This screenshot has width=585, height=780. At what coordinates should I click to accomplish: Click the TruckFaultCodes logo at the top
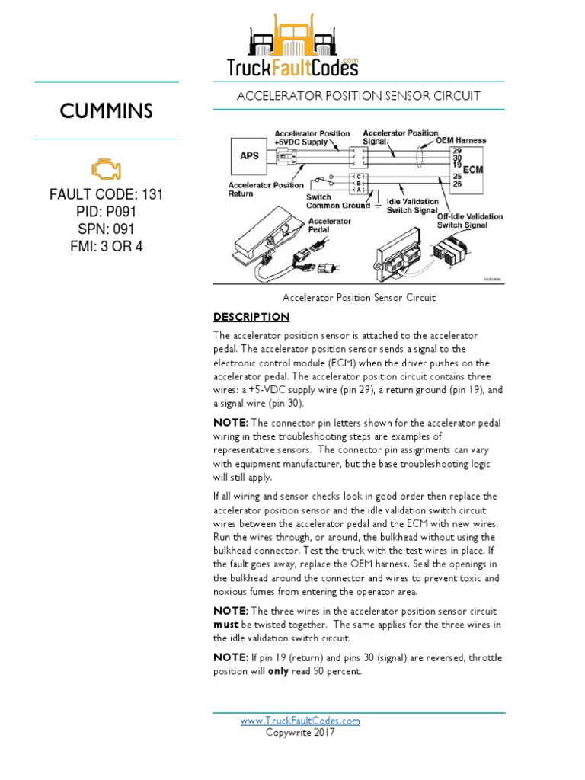pos(292,47)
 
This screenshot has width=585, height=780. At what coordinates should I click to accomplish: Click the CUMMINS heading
pos(107,111)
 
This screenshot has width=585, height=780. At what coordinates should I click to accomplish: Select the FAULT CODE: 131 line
pos(106,194)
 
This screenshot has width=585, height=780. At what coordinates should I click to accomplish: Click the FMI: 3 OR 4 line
pos(106,247)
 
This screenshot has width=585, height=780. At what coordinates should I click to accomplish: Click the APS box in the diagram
pos(249,156)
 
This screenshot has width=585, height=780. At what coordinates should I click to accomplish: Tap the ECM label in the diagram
pos(474,168)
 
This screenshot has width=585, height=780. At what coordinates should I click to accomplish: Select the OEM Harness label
pos(461,141)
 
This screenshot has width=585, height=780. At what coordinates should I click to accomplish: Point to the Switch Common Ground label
pos(338,201)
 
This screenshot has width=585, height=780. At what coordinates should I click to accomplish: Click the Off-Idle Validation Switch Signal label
pos(470,221)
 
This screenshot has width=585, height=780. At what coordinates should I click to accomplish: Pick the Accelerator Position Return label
pos(266,190)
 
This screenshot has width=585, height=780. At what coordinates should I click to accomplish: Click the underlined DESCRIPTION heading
pos(251,317)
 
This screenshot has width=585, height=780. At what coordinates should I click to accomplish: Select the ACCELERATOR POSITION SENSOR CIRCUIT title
pos(359,96)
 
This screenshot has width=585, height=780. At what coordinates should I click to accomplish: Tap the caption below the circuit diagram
pos(359,298)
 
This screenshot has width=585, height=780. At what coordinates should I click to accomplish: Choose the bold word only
pos(277,672)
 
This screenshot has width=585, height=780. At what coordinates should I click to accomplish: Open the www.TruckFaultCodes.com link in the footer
pos(300,721)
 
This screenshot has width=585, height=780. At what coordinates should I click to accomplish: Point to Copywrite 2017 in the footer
pos(300,733)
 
